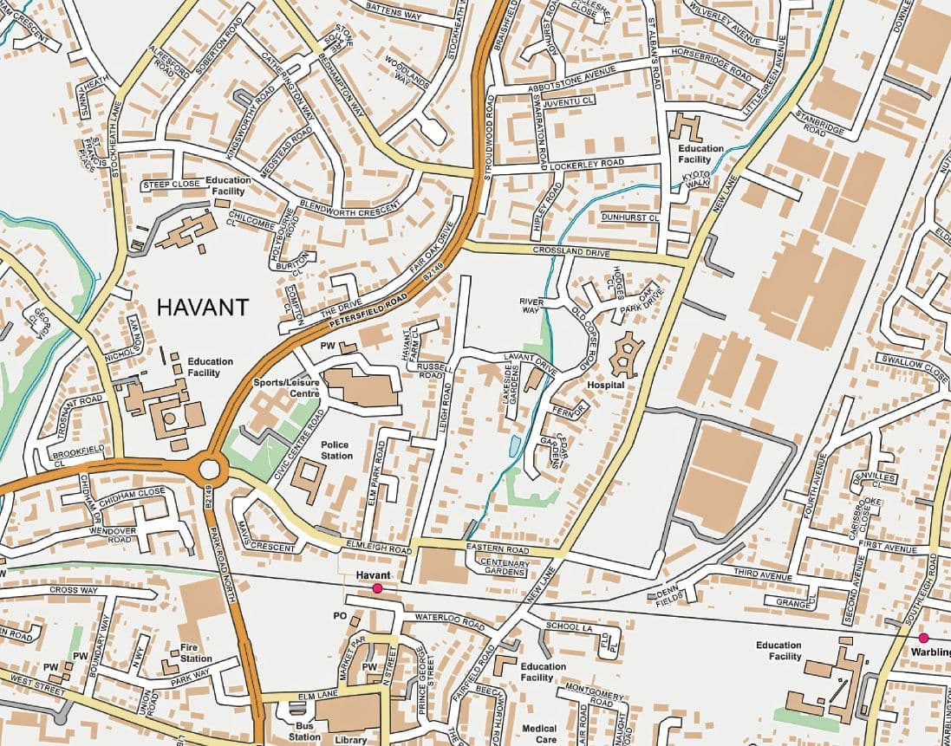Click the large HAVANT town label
click(x=202, y=307)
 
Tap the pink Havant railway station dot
click(x=377, y=588)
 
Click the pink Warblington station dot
click(x=923, y=638)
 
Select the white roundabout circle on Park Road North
click(x=210, y=470)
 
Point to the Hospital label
click(x=606, y=384)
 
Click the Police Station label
click(x=336, y=450)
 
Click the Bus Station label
click(x=304, y=731)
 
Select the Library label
click(x=351, y=740)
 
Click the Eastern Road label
click(x=497, y=550)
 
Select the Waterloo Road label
click(x=448, y=621)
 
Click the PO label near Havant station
click(x=339, y=615)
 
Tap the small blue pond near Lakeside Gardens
click(x=515, y=445)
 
